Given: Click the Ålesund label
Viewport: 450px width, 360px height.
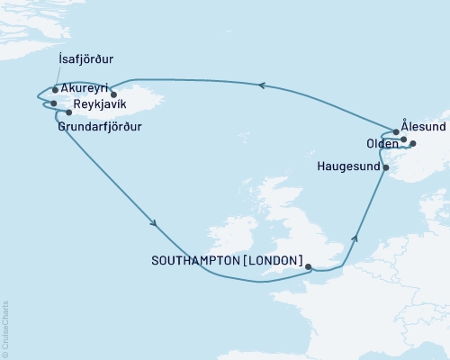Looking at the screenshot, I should point(423,128).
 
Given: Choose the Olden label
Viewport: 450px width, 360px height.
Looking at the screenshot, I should point(382,143).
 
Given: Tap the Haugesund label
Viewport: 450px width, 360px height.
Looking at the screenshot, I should point(348,166).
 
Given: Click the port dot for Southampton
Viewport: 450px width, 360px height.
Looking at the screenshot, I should point(308,266).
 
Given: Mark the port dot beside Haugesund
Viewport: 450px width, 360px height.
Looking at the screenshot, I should point(386,167).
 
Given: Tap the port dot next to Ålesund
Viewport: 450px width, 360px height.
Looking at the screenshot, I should point(396,132).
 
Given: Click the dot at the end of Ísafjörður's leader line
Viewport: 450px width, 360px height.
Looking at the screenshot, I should point(56,89).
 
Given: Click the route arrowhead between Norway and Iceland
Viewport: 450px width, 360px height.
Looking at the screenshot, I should point(261,85).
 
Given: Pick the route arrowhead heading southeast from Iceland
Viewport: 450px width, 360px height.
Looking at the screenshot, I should point(155,224).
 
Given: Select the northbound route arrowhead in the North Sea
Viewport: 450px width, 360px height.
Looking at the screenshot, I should point(355,238).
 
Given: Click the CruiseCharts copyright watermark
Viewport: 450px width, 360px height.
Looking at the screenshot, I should point(5,328).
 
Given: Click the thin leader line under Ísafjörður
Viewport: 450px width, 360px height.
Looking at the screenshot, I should point(56,77).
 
